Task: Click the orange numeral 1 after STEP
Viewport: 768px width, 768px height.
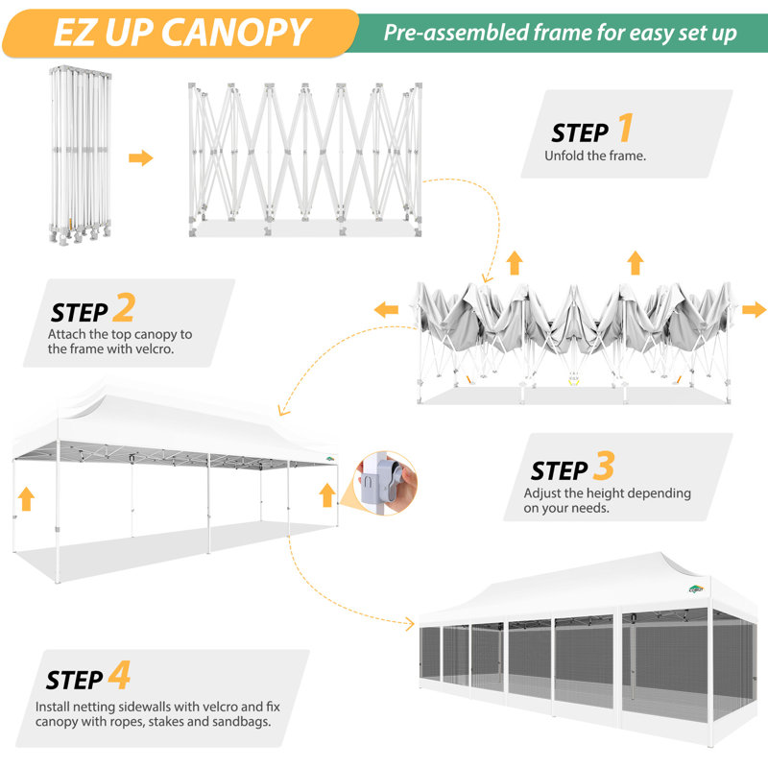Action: pos(625,128)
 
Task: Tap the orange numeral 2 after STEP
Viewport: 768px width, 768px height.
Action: pos(124,308)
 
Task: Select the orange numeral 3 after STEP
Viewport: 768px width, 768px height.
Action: pos(603,467)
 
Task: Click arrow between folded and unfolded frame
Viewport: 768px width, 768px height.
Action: pos(141,157)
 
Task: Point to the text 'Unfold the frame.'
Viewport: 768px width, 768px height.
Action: pos(594,155)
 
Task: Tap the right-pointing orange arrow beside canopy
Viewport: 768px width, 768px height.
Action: pos(755,309)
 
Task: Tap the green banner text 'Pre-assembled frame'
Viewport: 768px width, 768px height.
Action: pos(470,33)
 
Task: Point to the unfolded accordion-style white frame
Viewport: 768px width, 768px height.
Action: pos(304,158)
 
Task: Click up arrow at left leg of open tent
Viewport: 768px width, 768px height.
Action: pos(26,497)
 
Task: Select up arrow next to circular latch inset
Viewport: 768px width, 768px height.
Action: pos(327,494)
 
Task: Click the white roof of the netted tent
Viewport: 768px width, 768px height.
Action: pos(586,586)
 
